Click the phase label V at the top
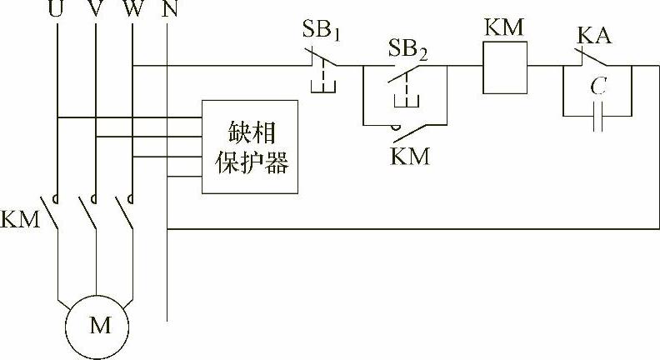click(x=97, y=11)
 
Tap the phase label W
click(x=133, y=11)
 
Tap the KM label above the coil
click(x=503, y=27)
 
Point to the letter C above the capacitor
click(x=597, y=86)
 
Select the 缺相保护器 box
click(x=250, y=147)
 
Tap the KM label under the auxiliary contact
click(x=410, y=156)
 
